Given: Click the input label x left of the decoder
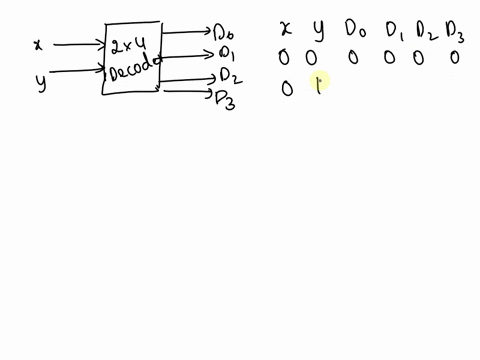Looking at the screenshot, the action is click(x=38, y=45).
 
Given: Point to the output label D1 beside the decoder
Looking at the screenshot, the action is click(x=225, y=52).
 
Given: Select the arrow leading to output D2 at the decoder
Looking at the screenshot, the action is click(x=185, y=80).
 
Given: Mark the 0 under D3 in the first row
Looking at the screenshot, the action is click(x=454, y=58).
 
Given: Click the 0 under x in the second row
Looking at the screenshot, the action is click(x=287, y=89).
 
